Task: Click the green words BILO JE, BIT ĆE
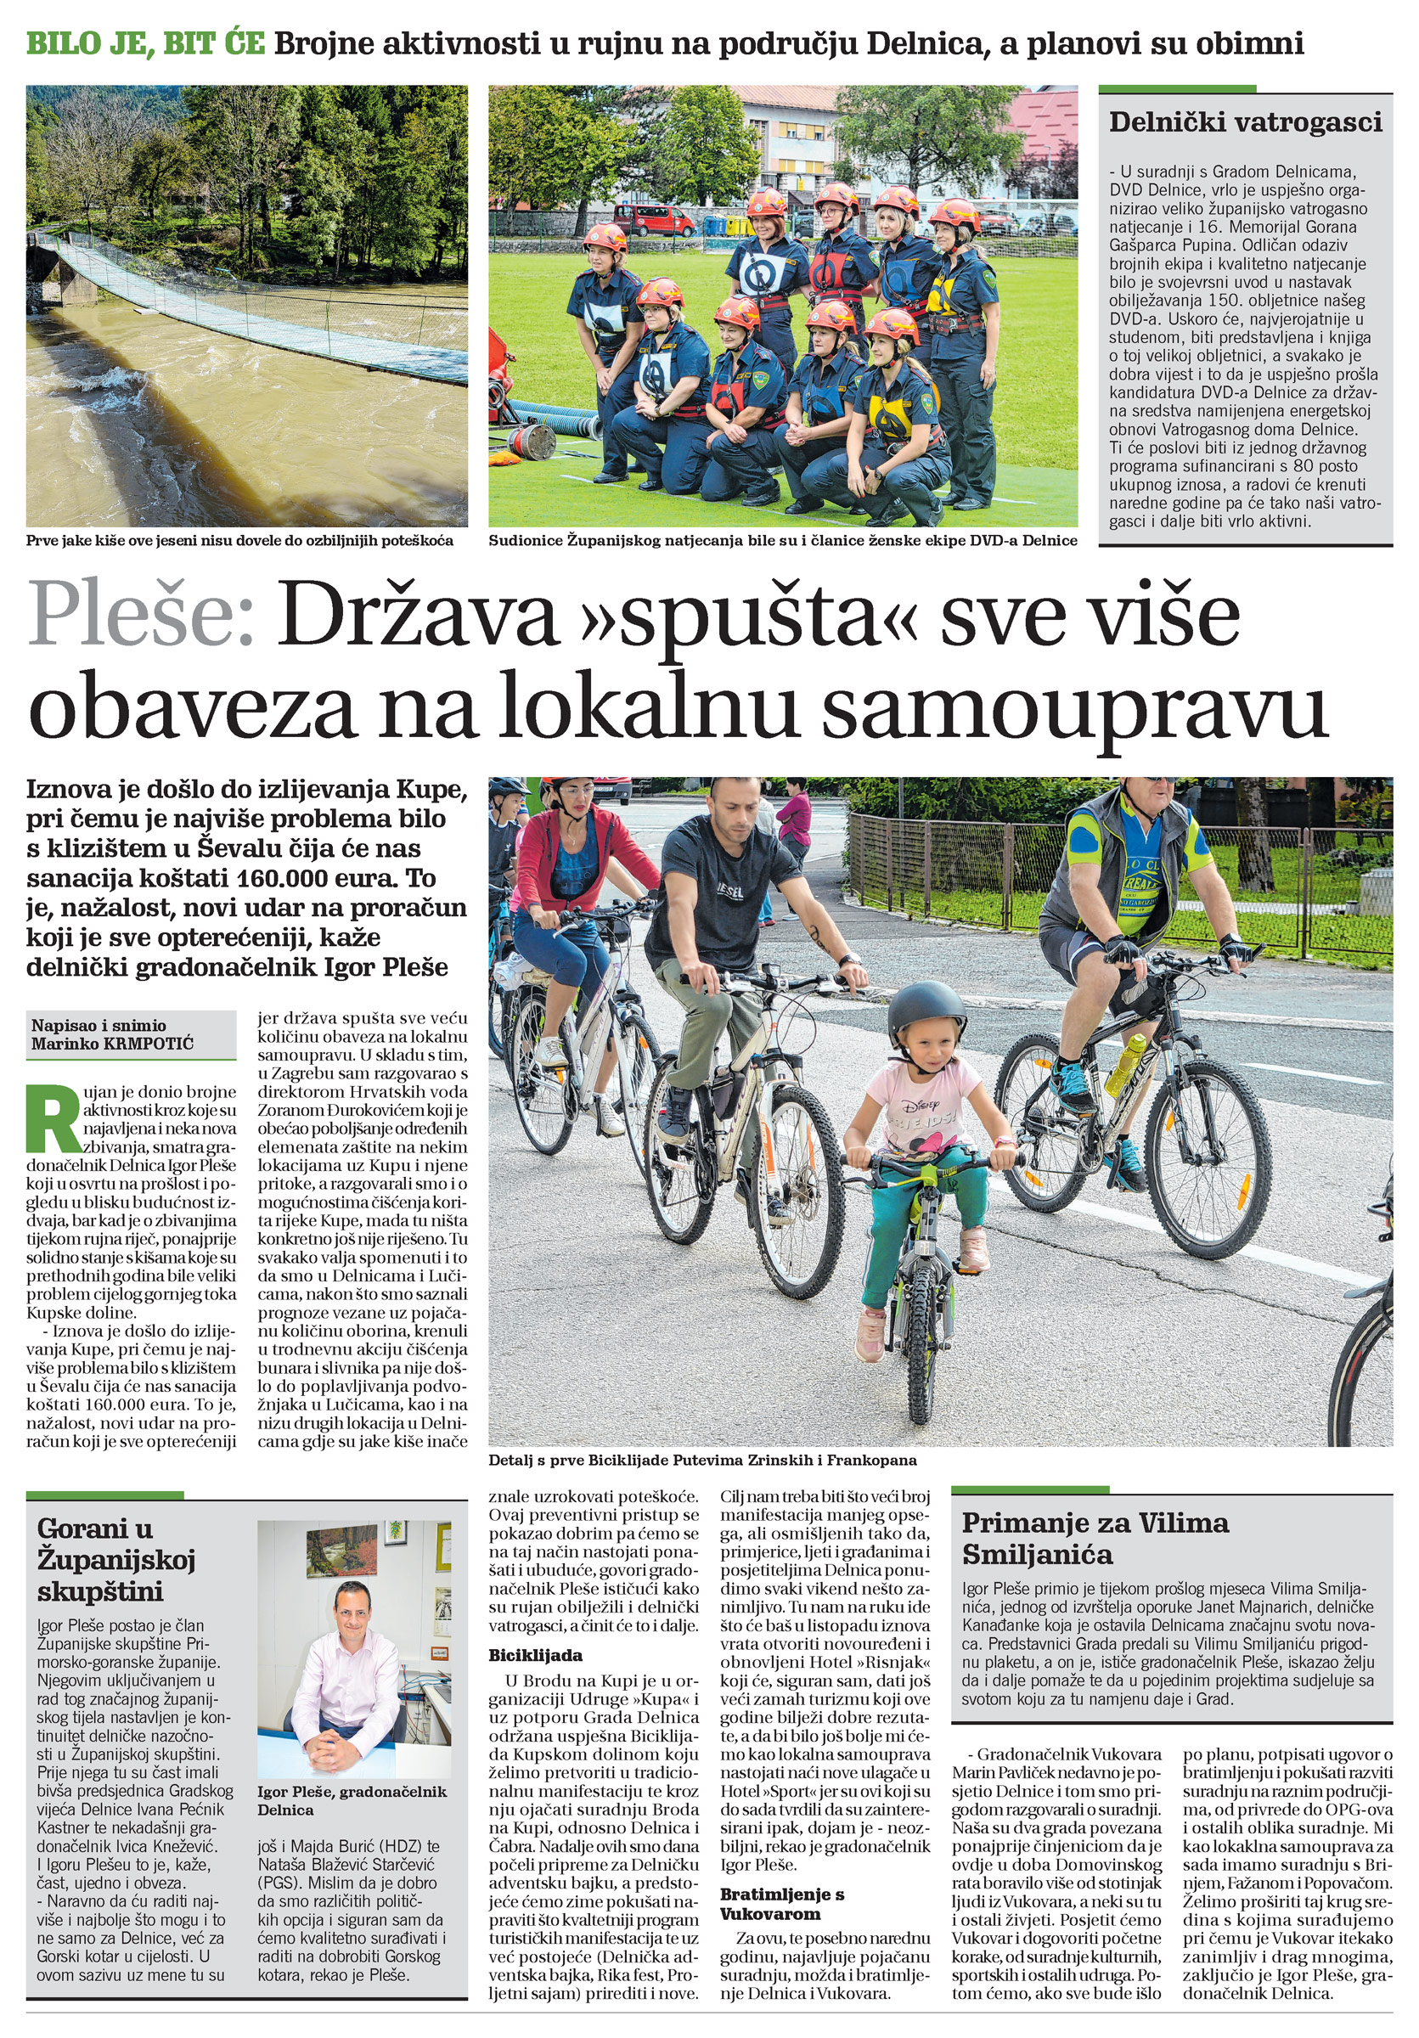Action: (x=145, y=42)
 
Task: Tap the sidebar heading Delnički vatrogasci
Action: (x=1245, y=122)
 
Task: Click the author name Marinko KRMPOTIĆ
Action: (x=112, y=1043)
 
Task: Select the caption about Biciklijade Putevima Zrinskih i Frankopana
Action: (x=702, y=1461)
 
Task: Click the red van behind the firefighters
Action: (x=654, y=218)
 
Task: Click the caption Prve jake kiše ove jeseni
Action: (x=239, y=541)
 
